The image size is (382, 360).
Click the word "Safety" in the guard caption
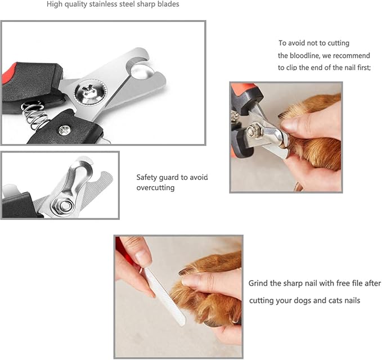pyautogui.click(x=147, y=177)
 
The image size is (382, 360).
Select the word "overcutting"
pyautogui.click(x=155, y=188)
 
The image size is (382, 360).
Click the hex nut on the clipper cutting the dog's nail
pyautogui.click(x=252, y=132)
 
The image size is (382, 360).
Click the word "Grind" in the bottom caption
pyautogui.click(x=259, y=283)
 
